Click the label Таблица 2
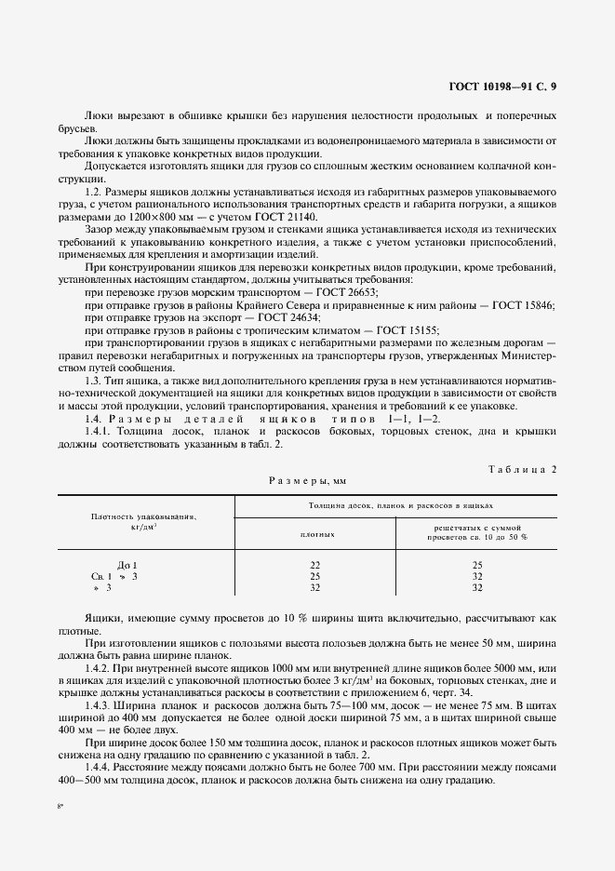(521, 469)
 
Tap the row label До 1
(127, 565)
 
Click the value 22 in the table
(315, 565)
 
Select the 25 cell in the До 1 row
(477, 565)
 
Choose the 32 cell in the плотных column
(315, 587)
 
